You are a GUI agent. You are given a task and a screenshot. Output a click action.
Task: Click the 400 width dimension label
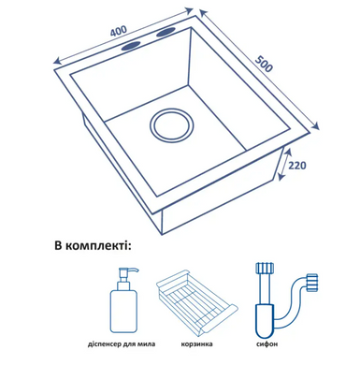[119, 31]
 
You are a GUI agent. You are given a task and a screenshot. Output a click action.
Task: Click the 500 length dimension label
[264, 64]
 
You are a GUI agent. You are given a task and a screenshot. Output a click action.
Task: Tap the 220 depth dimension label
[296, 166]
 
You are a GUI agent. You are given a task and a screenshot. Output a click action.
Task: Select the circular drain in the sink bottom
[171, 125]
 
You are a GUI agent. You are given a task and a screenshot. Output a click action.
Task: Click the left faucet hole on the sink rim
[131, 46]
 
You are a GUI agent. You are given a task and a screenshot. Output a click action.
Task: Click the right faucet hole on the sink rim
[166, 32]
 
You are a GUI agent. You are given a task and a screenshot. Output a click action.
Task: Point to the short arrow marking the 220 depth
[284, 165]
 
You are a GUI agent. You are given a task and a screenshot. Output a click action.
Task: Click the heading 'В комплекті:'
[93, 246]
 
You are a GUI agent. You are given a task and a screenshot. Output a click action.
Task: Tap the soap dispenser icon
[123, 299]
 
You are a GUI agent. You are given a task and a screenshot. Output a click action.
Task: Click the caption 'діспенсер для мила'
[122, 344]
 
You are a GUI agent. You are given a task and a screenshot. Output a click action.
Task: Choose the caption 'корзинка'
[196, 344]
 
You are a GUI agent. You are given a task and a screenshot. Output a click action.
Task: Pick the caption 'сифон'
[266, 344]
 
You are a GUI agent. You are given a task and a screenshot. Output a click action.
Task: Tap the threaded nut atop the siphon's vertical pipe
[265, 268]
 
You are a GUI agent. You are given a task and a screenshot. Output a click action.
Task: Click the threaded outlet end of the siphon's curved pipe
[312, 283]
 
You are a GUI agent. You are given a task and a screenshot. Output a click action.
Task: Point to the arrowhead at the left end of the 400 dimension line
[58, 61]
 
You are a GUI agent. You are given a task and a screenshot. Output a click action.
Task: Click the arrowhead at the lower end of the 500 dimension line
[316, 124]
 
